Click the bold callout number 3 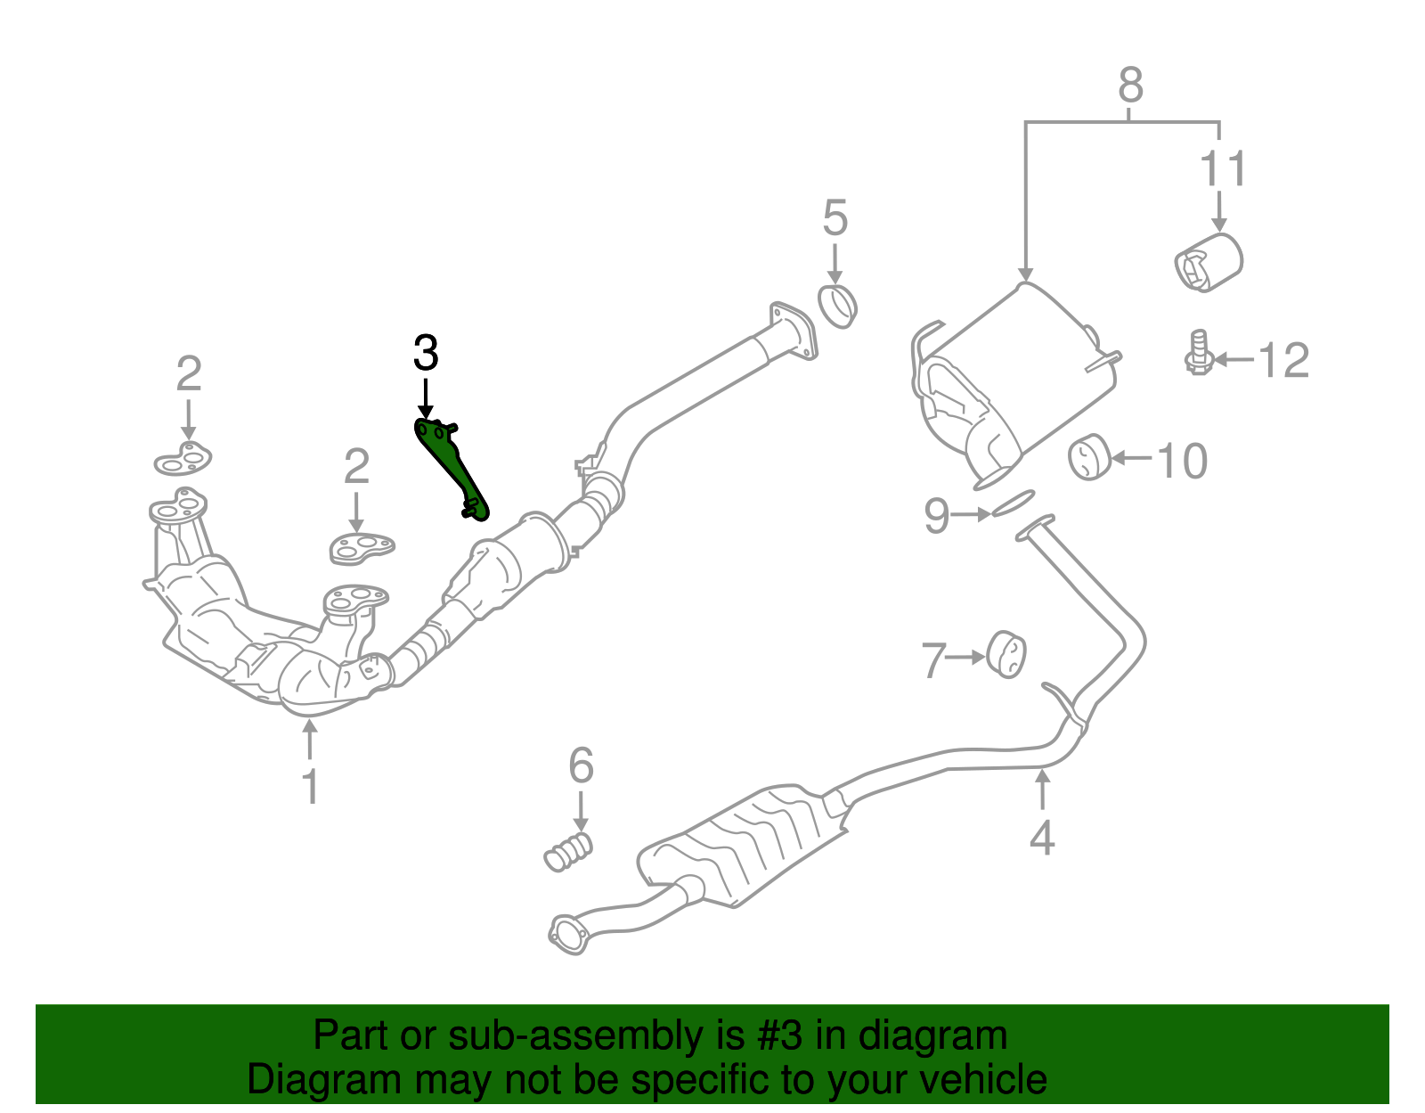point(426,354)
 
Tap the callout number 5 point(835,218)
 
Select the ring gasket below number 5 point(837,306)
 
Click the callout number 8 point(1129,86)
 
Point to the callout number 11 point(1223,169)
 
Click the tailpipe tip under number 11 point(1208,261)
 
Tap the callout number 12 point(1283,361)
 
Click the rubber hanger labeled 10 point(1087,458)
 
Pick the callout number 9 point(936,516)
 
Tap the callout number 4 point(1042,838)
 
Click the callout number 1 point(310,787)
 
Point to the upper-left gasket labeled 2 point(183,460)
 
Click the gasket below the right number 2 point(361,546)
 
